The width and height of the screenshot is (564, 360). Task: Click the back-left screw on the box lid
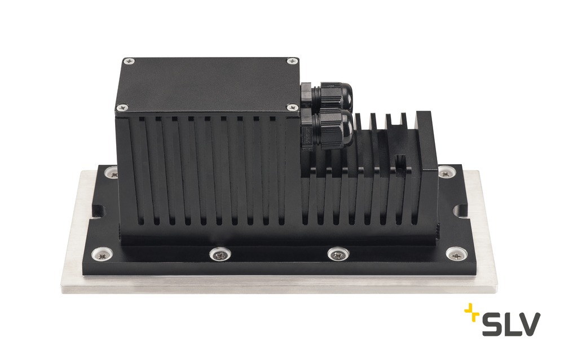coord(129,62)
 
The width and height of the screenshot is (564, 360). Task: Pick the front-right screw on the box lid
coord(292,107)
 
